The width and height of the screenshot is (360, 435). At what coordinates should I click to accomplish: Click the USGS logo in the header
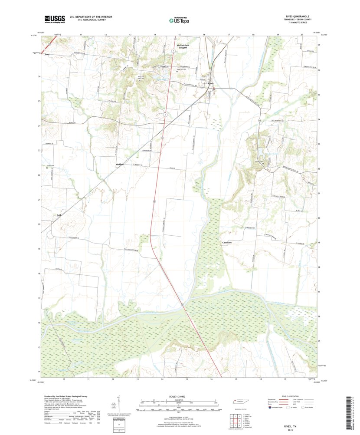tap(54, 19)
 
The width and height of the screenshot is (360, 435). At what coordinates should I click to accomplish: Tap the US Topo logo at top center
tap(179, 19)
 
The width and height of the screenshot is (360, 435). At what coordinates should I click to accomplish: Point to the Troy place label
tap(47, 54)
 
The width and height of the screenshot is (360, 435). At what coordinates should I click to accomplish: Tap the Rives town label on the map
tap(211, 83)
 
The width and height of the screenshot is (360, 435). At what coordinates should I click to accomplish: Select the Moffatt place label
tap(120, 165)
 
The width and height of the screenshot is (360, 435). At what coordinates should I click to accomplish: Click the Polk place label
tap(59, 215)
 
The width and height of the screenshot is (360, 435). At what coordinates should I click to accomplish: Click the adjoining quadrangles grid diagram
tap(236, 419)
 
